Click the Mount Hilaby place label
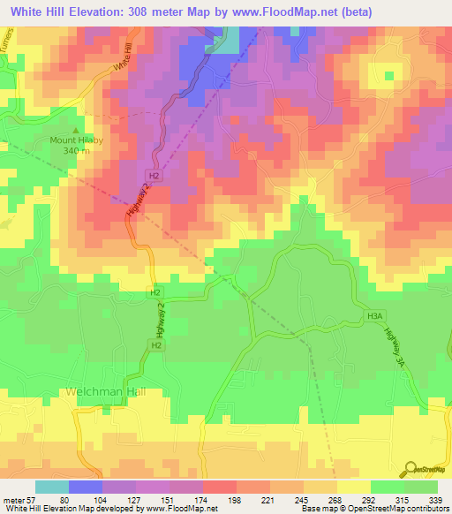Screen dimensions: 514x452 [75, 140]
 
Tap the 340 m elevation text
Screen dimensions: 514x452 [75, 152]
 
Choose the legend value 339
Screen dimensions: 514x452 [437, 500]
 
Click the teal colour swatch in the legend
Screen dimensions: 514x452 [51, 487]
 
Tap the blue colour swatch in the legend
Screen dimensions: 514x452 [85, 487]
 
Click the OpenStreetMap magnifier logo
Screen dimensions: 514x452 [411, 470]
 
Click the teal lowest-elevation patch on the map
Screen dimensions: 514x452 [228, 41]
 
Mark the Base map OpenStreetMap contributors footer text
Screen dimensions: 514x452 [372, 509]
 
